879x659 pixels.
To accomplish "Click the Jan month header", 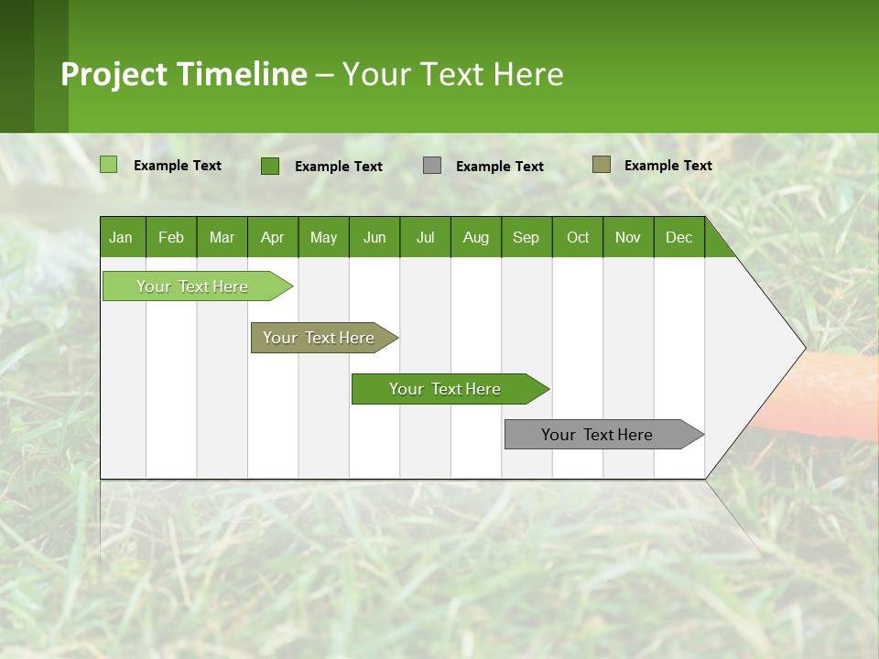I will pos(121,237).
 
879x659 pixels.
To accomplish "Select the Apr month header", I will pos(272,237).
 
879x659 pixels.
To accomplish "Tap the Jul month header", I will pos(425,237).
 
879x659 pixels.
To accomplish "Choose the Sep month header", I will pos(526,237).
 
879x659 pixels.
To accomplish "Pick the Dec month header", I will pos(678,237).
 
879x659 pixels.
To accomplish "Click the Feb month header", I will pos(171,237).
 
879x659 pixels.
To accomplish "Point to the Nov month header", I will pos(627,237).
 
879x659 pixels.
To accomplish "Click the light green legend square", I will pos(109,165).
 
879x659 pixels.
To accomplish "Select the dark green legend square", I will pos(270,166).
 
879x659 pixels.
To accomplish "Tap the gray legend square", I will pos(432,166).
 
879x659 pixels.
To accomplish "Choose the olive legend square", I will pos(602,165).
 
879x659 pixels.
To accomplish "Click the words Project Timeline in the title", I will pos(184,74).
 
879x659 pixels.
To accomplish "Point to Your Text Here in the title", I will pos(452,74).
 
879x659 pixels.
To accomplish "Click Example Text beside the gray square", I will pos(499,167).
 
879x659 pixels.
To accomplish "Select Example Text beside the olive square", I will pos(667,166).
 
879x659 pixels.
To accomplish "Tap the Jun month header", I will pos(374,237).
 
